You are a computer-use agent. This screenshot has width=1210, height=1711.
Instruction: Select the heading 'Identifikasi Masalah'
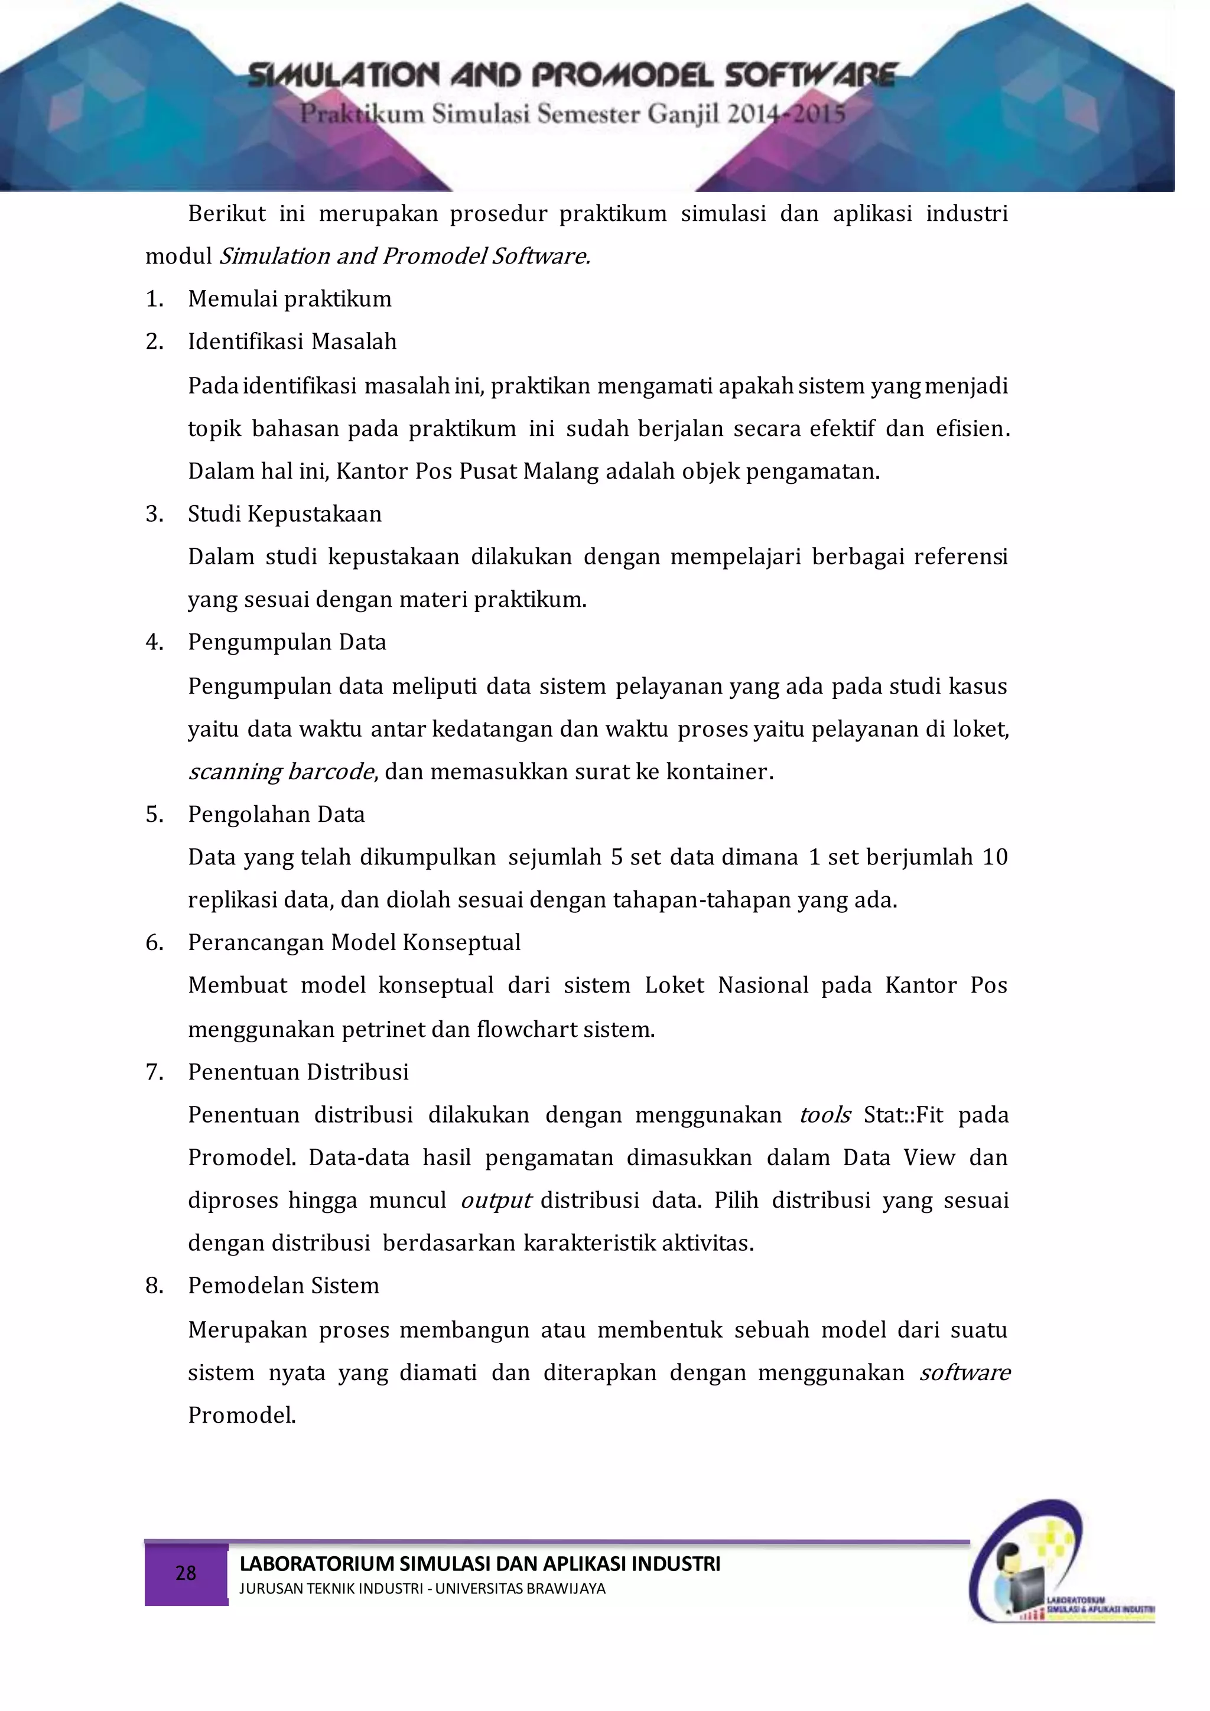292,342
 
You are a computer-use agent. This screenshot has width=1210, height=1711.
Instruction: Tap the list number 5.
154,815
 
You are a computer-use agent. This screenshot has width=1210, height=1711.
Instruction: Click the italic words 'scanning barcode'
281,772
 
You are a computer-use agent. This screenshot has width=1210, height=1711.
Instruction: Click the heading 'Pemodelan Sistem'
283,1286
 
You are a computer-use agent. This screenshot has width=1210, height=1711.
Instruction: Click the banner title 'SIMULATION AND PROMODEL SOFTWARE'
571,75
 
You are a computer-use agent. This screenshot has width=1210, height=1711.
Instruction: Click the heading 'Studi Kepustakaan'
285,514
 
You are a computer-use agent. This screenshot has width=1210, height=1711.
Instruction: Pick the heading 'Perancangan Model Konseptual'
354,943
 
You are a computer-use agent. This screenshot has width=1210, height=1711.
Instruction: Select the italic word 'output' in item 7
496,1201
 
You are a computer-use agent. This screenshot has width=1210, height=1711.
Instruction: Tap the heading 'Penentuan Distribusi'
298,1072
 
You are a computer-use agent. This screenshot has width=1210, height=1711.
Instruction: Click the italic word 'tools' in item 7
825,1115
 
